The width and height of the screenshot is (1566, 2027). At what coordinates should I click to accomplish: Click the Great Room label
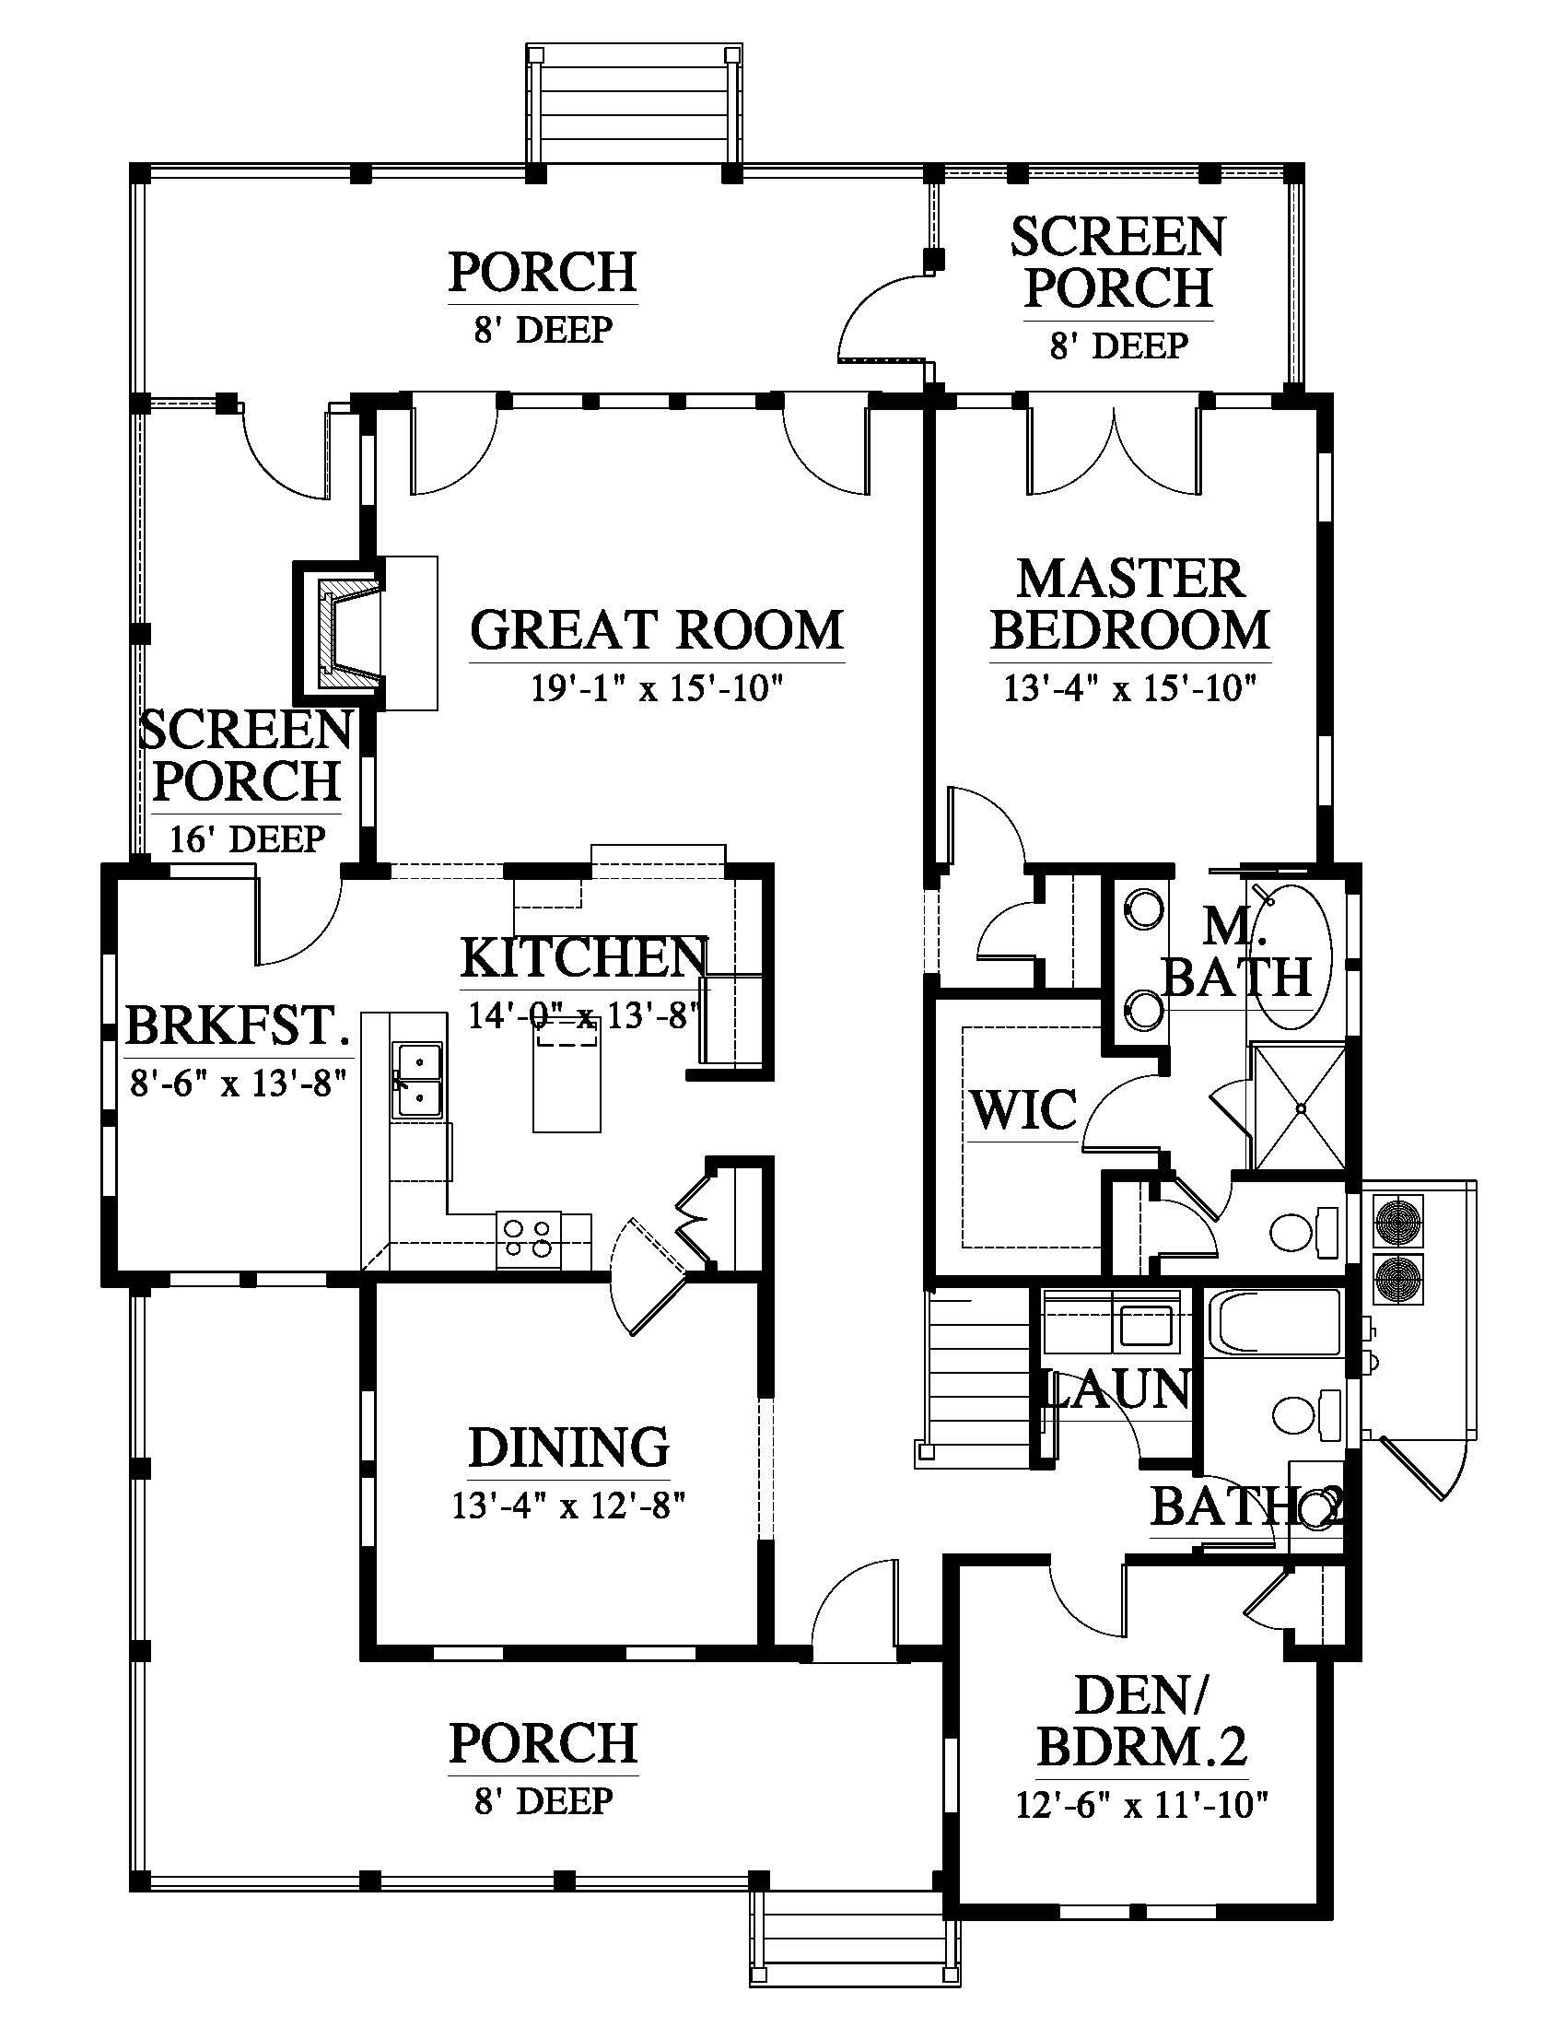657,629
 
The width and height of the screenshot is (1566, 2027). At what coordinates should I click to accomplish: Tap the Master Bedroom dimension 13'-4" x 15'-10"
1130,688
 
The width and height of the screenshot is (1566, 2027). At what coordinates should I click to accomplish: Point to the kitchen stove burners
529,1239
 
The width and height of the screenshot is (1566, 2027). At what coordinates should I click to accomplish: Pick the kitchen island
566,1073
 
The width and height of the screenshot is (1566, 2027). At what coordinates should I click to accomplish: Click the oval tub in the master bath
1296,956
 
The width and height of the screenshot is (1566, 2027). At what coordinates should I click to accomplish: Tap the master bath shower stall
1299,1107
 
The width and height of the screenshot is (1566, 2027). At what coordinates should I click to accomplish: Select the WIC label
1024,1109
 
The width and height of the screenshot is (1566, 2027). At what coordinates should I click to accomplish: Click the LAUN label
1117,1389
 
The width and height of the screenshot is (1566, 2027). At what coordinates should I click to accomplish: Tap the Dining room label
568,1446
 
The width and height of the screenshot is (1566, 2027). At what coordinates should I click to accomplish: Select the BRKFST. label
239,1025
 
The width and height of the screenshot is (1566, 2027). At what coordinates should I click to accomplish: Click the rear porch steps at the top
635,104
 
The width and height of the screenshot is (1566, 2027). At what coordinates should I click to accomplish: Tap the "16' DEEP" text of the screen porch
248,839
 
